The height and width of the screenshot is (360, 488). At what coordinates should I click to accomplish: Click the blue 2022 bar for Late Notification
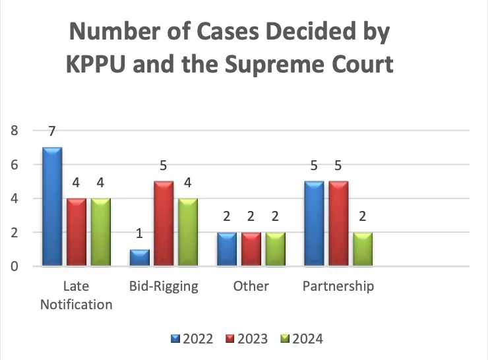51,207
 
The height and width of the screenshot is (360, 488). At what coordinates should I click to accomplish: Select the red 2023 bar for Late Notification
76,232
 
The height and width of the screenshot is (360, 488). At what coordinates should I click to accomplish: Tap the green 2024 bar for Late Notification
100,232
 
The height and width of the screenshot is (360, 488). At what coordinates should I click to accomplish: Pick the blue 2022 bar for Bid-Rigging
139,258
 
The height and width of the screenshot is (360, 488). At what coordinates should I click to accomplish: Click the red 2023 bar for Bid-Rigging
164,224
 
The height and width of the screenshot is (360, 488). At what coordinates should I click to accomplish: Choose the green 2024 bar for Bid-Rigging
187,232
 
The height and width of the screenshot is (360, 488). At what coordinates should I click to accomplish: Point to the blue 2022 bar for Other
226,249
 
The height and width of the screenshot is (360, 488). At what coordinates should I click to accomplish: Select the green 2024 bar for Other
275,249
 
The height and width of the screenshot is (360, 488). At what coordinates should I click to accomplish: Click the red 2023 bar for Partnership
338,224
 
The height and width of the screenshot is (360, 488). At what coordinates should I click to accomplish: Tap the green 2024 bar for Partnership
362,249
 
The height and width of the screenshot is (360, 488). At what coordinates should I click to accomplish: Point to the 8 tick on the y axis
14,131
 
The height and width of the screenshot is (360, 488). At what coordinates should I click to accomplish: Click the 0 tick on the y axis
14,266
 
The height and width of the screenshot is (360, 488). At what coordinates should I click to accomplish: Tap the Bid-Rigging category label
163,287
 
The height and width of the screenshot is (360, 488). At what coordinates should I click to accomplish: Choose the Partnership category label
338,287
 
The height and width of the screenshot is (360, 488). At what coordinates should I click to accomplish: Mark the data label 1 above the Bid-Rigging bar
139,234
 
